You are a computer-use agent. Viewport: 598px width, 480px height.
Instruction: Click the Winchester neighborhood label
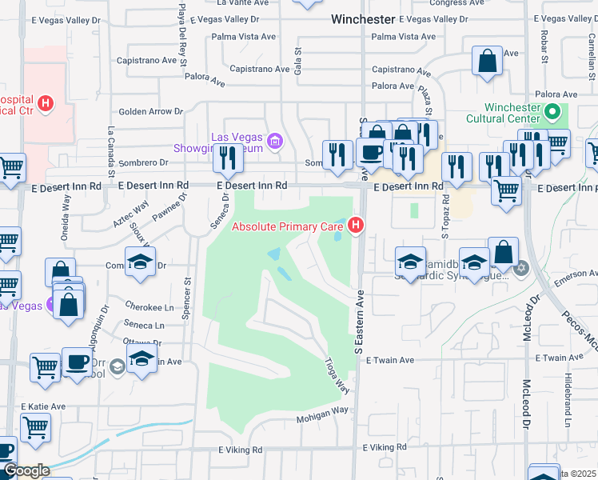363,18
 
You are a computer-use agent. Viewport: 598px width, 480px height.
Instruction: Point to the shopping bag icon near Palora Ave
487,62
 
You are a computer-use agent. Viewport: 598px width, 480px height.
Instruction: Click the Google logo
26,470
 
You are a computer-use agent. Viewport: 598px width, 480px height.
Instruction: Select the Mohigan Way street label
323,410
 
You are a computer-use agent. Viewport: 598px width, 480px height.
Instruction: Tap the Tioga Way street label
337,375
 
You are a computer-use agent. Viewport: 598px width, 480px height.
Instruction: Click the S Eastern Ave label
359,319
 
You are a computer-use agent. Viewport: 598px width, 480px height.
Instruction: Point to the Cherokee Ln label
149,306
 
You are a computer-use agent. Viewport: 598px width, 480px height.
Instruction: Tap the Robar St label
544,47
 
